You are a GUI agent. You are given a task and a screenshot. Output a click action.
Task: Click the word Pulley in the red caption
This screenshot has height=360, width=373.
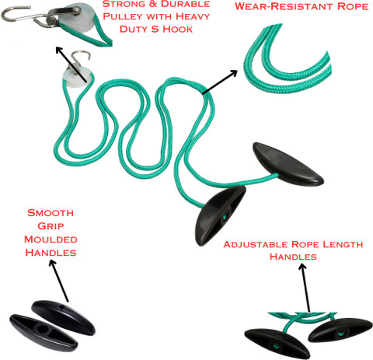(x=122, y=16)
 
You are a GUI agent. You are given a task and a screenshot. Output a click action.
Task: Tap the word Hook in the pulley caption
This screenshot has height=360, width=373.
(x=178, y=29)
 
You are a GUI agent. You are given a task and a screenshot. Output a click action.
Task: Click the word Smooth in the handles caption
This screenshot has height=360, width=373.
(x=51, y=213)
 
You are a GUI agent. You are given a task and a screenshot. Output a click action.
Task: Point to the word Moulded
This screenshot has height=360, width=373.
(x=51, y=239)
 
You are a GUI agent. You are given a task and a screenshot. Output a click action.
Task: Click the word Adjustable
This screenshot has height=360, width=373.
(x=256, y=245)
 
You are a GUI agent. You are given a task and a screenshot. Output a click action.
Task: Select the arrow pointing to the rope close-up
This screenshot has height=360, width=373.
(x=220, y=82)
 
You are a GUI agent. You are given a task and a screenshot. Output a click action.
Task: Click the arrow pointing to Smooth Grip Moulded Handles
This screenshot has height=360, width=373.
(x=59, y=281)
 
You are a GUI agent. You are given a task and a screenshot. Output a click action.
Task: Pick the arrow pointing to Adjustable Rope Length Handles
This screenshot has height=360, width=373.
(x=305, y=288)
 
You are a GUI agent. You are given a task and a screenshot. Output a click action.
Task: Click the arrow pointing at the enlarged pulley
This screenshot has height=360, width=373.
(x=71, y=65)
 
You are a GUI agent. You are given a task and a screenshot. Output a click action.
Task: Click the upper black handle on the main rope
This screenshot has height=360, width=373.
(x=288, y=164)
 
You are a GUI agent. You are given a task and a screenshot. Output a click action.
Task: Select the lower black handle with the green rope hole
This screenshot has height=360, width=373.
(x=220, y=215)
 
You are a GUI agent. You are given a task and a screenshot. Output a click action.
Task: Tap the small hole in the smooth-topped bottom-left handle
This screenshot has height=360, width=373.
(x=61, y=307)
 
